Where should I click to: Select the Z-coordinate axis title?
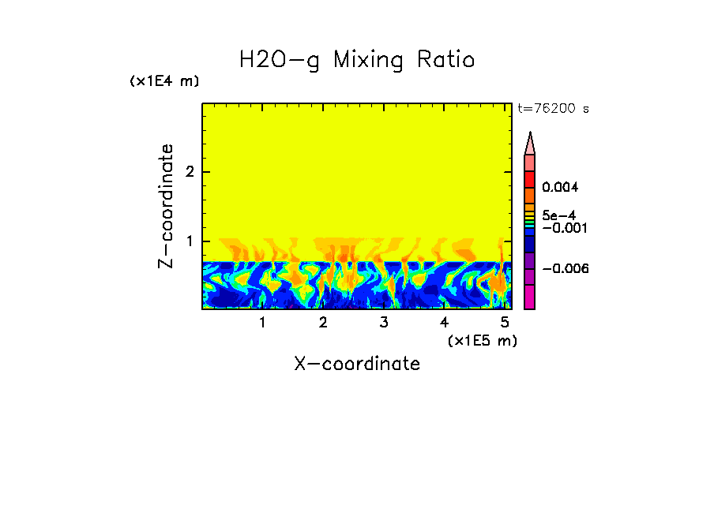tap(166, 206)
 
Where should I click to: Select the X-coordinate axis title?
tap(357, 364)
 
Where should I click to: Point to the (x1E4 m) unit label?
tap(164, 81)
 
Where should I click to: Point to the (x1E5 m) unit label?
tap(482, 340)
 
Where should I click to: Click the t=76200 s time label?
tap(553, 109)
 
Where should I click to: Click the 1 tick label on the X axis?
tap(262, 323)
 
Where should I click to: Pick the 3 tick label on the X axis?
tap(384, 323)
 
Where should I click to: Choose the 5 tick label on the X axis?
tap(505, 323)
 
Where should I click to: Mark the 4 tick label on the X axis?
tap(444, 323)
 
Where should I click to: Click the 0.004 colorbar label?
tap(560, 188)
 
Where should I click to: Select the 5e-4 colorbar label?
tap(558, 215)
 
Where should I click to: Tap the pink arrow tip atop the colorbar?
tap(530, 143)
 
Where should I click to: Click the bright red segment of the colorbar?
tap(530, 178)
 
